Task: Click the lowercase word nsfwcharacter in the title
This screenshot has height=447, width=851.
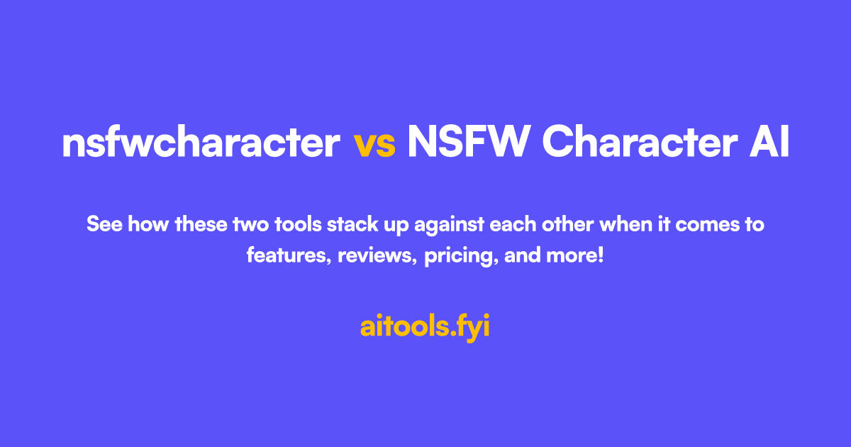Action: pyautogui.click(x=201, y=143)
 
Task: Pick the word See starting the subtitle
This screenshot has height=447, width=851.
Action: pyautogui.click(x=101, y=226)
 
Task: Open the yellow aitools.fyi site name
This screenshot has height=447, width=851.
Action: pyautogui.click(x=425, y=327)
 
